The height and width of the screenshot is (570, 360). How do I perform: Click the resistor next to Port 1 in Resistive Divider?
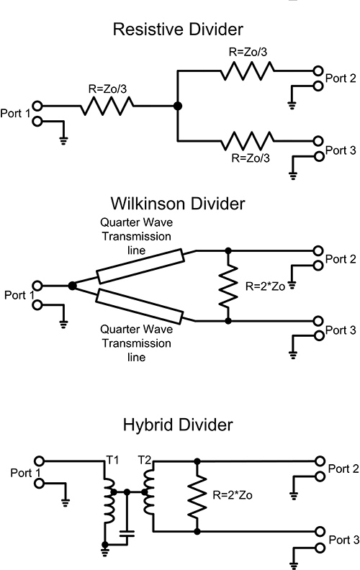107,107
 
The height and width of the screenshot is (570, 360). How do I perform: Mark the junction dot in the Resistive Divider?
177,107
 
